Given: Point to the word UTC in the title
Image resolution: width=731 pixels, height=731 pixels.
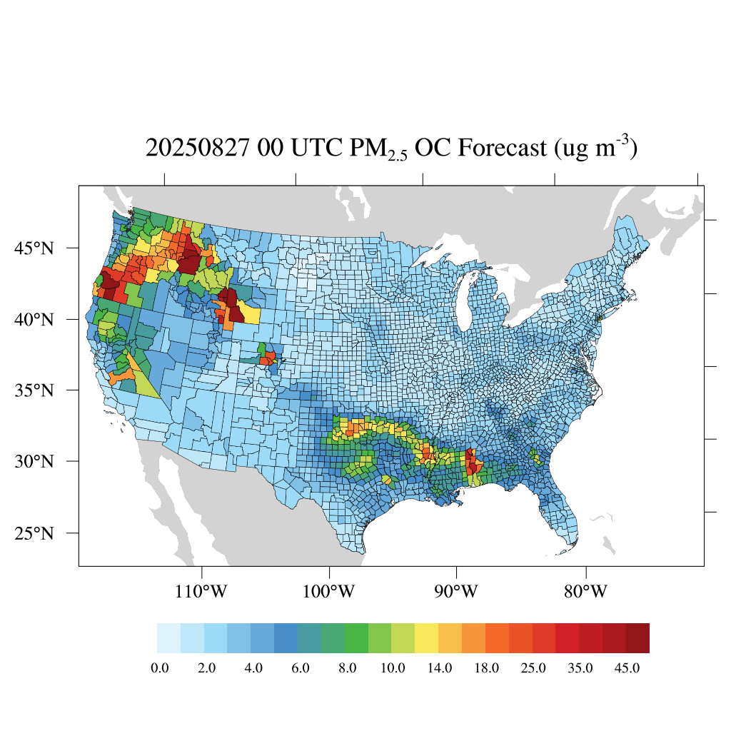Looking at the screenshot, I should pyautogui.click(x=314, y=148).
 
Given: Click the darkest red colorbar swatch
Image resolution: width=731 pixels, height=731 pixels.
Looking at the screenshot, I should pyautogui.click(x=637, y=638).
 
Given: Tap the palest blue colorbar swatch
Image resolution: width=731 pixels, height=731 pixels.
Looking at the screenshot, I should pyautogui.click(x=168, y=638).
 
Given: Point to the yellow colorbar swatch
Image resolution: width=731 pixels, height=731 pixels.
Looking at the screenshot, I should pyautogui.click(x=427, y=638).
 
